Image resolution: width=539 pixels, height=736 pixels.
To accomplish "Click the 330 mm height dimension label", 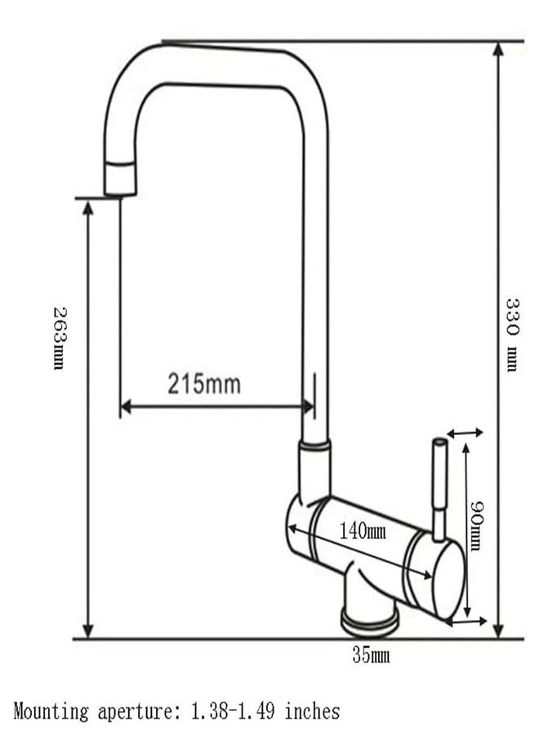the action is (512, 335).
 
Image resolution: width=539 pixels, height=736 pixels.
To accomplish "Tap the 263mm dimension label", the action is (60, 339).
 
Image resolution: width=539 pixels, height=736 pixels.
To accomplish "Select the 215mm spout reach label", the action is (204, 384).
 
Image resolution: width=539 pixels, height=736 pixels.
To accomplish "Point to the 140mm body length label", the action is (363, 532).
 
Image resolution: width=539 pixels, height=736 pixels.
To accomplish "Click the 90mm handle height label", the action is (476, 526).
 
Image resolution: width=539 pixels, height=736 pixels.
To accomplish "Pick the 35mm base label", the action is (371, 655).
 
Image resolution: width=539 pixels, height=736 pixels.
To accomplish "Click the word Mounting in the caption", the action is (51, 711).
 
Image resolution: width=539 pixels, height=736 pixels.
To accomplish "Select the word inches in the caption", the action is (313, 711).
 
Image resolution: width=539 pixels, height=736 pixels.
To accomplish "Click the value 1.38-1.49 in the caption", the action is (233, 711).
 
